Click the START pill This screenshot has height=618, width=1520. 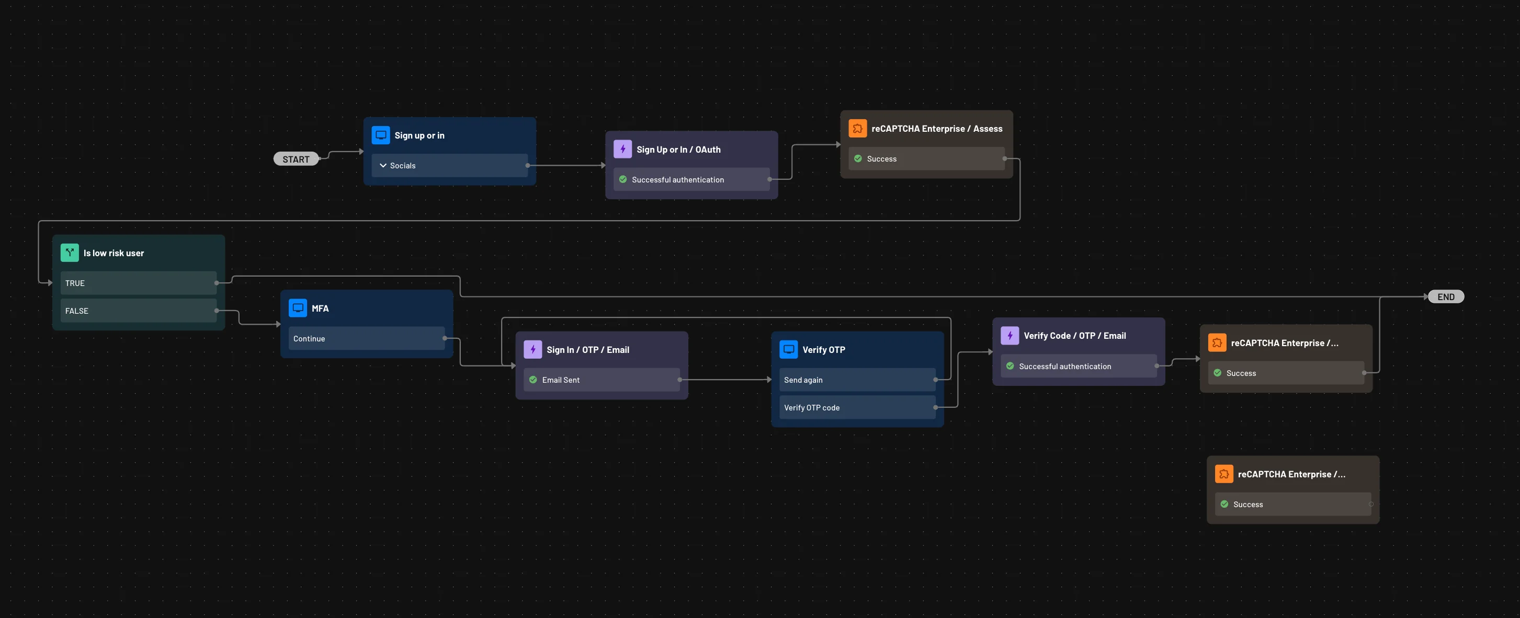coord(296,159)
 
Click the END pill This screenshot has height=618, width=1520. coord(1446,296)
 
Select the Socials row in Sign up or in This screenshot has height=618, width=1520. coord(449,166)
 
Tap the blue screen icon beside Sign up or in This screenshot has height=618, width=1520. coord(381,135)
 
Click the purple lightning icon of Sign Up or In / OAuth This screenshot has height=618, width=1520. coord(622,149)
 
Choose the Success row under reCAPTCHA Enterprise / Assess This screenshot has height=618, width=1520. coord(926,158)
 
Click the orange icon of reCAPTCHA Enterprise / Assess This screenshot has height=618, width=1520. coord(857,128)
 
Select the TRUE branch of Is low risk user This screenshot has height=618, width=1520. coord(138,283)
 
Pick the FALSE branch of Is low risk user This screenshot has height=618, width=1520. coord(138,311)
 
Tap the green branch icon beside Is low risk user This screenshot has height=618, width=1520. coord(70,253)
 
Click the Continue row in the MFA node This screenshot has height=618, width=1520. coord(366,338)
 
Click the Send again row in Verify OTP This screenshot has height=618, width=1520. coord(857,380)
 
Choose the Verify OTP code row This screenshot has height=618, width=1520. coord(857,407)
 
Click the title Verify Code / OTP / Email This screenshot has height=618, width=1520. coord(1074,336)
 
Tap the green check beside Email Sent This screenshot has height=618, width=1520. coord(533,380)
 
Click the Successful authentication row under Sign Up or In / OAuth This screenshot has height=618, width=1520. coord(691,180)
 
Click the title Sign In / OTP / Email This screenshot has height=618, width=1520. coord(588,350)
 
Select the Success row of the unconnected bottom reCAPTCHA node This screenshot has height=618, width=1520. coord(1292,504)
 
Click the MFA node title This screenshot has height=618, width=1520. coord(320,308)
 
